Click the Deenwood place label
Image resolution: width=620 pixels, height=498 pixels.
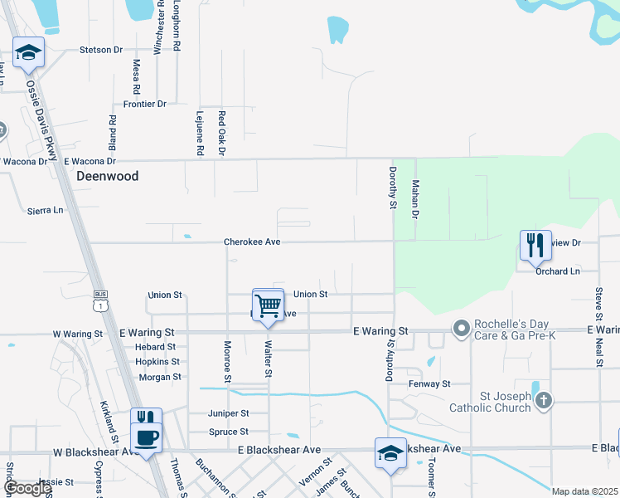point(107,177)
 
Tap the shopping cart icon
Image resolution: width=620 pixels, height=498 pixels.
point(268,305)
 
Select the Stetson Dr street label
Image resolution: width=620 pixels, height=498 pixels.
point(101,50)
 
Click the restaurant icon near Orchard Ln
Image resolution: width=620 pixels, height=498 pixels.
point(535,245)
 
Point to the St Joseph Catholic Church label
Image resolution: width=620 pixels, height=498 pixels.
point(489,403)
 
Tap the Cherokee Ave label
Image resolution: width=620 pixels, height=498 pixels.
point(253,242)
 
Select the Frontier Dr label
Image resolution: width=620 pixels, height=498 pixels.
point(144,105)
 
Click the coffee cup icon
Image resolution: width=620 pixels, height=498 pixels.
point(147,437)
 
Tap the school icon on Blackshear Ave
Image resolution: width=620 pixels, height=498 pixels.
point(390,453)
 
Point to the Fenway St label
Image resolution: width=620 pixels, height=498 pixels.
point(429,384)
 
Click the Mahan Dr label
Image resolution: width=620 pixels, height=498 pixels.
point(416,200)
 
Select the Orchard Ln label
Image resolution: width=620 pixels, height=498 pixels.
point(557,271)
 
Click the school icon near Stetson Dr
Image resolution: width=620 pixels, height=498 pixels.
point(29,53)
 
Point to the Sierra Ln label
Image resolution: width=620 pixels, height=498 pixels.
point(45,211)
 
